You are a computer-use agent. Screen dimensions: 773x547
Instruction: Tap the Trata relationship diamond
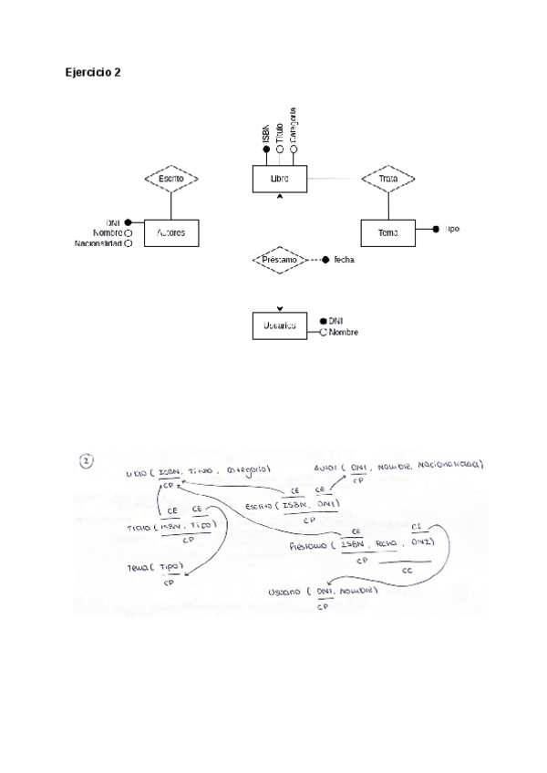click(x=388, y=180)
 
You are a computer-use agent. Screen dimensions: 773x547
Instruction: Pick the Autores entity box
click(x=170, y=232)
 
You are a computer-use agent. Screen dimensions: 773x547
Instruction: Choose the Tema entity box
click(x=388, y=233)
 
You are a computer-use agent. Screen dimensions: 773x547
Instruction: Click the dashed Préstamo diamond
click(x=280, y=260)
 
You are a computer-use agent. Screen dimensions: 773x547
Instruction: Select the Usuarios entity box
click(x=280, y=326)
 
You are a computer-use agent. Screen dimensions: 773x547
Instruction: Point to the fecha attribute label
click(x=344, y=260)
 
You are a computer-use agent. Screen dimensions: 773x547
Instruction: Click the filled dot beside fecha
click(x=325, y=260)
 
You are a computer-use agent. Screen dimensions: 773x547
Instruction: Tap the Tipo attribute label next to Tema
click(x=453, y=229)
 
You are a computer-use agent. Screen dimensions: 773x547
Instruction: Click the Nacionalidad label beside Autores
click(x=98, y=243)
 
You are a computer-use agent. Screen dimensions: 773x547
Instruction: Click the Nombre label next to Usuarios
click(x=343, y=333)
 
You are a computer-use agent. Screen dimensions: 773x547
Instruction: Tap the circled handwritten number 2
click(x=88, y=462)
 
